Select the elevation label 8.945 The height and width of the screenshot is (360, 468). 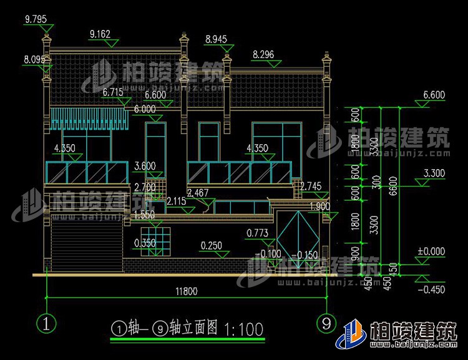(215, 40)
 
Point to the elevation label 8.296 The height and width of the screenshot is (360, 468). (263, 55)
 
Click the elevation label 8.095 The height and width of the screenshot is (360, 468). (34, 60)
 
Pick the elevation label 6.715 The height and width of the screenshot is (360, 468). (113, 92)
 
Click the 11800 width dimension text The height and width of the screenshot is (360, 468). (185, 291)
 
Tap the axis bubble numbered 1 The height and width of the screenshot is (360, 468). (47, 324)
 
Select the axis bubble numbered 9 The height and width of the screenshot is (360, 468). (324, 324)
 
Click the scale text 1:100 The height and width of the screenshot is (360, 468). (243, 329)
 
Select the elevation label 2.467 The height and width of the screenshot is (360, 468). (198, 193)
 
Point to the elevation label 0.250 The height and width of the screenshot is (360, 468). (212, 246)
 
